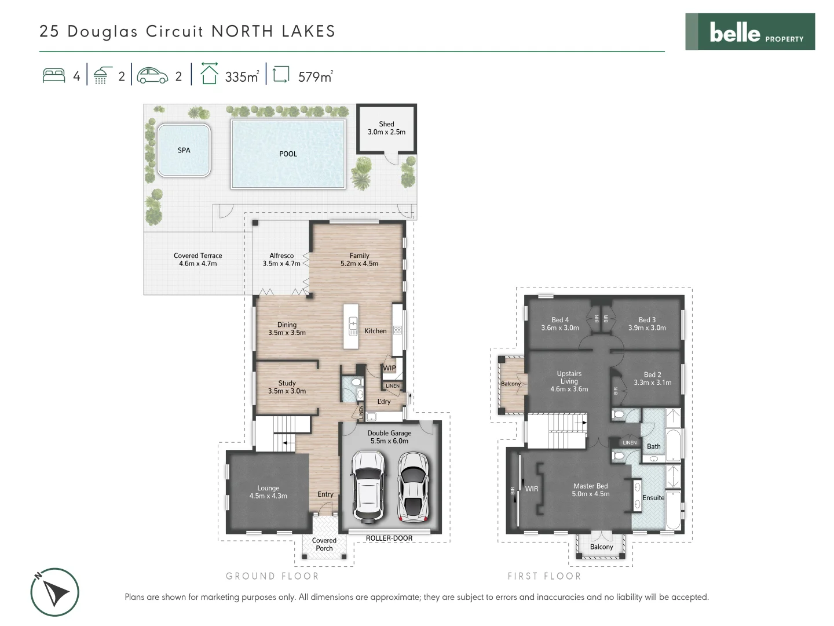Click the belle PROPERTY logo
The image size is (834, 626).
click(x=750, y=32)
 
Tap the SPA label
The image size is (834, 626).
click(x=184, y=150)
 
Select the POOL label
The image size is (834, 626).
click(x=288, y=154)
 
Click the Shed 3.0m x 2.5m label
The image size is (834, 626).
click(x=386, y=128)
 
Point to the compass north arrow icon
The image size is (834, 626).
click(x=54, y=592)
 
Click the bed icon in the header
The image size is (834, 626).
click(x=54, y=76)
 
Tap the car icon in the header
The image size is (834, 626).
click(x=152, y=76)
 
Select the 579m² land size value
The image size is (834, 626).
click(x=315, y=77)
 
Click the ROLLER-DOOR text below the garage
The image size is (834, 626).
click(x=389, y=538)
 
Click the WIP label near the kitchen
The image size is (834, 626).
click(x=389, y=368)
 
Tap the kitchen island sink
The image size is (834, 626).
click(x=353, y=326)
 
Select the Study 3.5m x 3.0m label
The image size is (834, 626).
click(x=287, y=387)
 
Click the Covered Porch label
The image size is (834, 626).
click(x=324, y=544)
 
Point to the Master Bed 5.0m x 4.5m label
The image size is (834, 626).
click(x=591, y=490)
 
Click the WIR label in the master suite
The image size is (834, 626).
click(x=532, y=489)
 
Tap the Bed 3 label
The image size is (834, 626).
click(x=647, y=323)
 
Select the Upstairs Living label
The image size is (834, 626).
click(x=569, y=381)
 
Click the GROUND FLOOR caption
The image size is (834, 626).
click(x=272, y=576)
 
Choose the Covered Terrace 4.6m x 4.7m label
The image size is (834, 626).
click(x=197, y=259)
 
